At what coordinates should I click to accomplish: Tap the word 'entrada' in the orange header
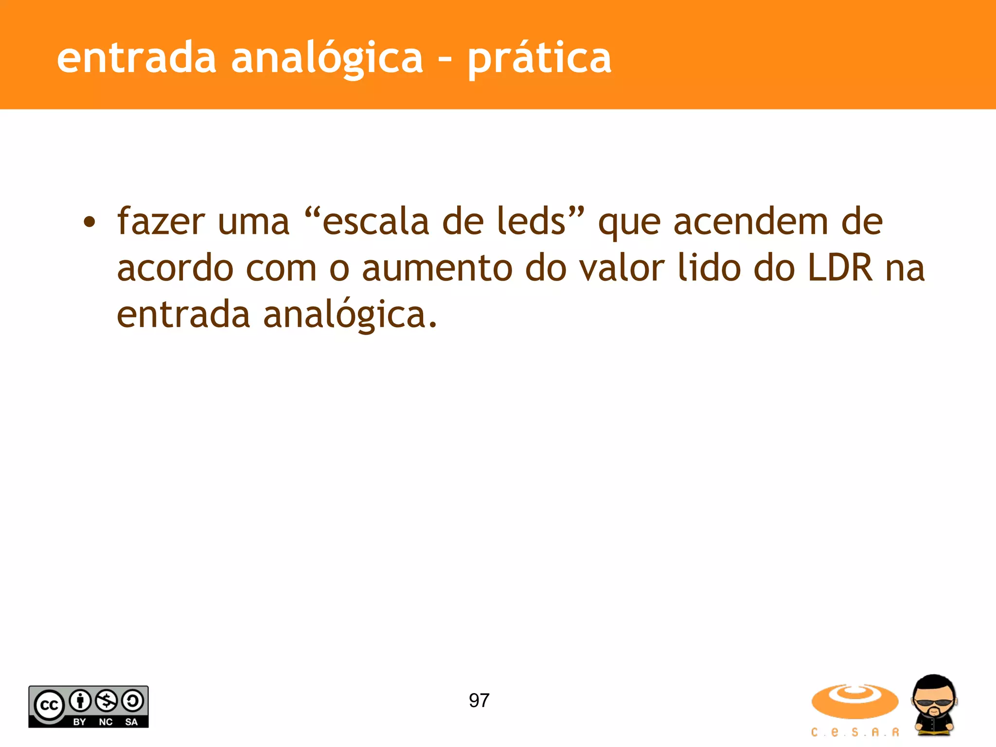coord(136,58)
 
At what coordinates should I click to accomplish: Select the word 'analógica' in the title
coord(327,59)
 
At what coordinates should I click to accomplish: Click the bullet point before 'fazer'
coord(89,222)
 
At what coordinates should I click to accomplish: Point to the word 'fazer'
coord(161,222)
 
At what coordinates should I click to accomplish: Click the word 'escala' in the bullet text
coord(375,222)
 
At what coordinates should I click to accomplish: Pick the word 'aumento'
coord(437,268)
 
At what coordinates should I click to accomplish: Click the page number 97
coord(479,700)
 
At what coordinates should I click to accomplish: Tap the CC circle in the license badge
coord(49,705)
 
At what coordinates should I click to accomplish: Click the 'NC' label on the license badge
coord(106,722)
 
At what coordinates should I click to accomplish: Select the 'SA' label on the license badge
coord(131,722)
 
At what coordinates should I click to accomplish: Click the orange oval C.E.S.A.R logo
coord(854,701)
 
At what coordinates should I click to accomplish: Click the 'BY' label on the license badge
coord(79,722)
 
